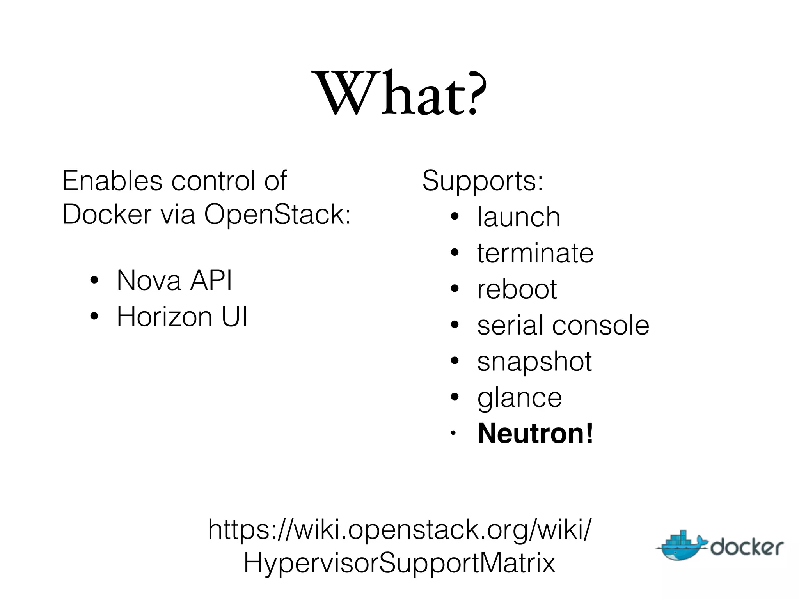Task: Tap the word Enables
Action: click(112, 181)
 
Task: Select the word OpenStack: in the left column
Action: click(277, 214)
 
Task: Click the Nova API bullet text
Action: click(174, 280)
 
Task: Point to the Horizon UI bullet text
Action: click(182, 316)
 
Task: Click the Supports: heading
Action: click(483, 181)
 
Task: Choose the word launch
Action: click(518, 217)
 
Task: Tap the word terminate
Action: click(535, 253)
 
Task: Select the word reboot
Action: click(517, 289)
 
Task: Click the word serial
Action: click(509, 325)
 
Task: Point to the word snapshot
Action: click(534, 362)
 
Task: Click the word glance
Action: click(520, 398)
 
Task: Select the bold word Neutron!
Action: click(535, 433)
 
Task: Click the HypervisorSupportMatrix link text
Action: click(399, 563)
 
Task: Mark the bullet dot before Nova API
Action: click(94, 280)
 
